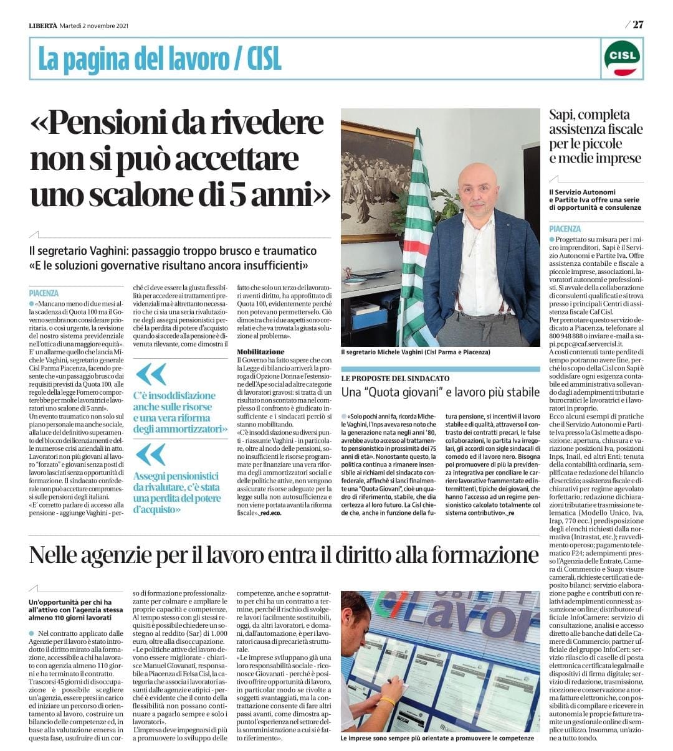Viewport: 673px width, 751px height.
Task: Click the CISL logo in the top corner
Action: tap(622, 59)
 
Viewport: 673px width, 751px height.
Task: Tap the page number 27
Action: tap(637, 25)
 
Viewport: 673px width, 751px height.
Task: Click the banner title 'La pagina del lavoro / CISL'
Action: tap(160, 59)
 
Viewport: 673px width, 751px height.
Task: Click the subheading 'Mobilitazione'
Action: tap(260, 352)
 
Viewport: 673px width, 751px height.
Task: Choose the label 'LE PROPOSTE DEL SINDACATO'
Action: tap(395, 379)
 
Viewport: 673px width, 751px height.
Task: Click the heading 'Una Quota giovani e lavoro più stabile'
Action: tap(440, 392)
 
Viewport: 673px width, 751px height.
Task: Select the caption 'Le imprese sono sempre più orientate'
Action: tap(437, 738)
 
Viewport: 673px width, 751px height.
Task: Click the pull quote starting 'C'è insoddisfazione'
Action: tap(180, 412)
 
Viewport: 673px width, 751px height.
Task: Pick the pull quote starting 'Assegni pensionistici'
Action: tap(178, 493)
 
